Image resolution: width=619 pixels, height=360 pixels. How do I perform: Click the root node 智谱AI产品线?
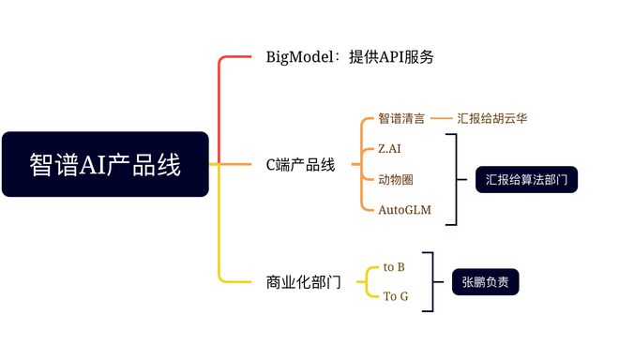[x=105, y=164]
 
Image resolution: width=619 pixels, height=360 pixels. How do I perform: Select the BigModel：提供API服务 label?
[x=350, y=57]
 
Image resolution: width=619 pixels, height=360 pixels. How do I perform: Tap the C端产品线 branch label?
[x=300, y=165]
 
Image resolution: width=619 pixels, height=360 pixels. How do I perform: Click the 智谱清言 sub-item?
[x=401, y=119]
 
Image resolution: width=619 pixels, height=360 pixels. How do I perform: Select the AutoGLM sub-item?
[x=405, y=210]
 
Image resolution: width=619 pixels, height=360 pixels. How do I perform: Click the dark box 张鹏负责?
[x=485, y=281]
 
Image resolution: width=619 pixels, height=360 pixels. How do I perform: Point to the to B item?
[x=395, y=267]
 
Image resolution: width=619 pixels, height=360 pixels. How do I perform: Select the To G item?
[x=396, y=297]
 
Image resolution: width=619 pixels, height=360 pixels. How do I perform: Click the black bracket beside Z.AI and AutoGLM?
[x=456, y=179]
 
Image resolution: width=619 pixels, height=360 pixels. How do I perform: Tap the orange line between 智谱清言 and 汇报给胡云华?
[x=442, y=119]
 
